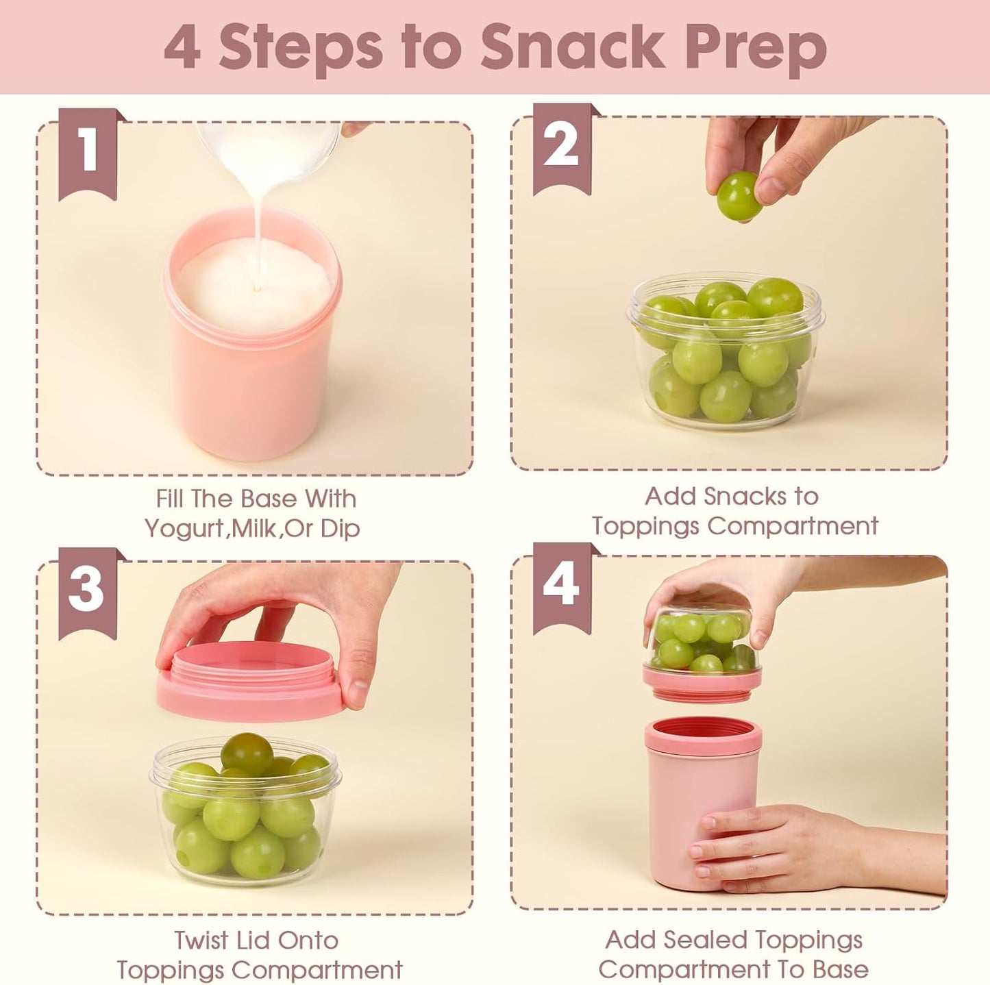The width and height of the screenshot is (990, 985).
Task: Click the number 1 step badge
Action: [x=88, y=152]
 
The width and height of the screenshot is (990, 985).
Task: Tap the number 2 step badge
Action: [x=561, y=147]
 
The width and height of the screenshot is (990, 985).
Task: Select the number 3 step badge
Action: [x=87, y=590]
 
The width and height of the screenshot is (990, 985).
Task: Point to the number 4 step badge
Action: [x=561, y=586]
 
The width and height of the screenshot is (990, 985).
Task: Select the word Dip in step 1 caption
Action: [x=340, y=529]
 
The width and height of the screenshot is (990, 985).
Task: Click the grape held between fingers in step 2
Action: [x=738, y=196]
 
